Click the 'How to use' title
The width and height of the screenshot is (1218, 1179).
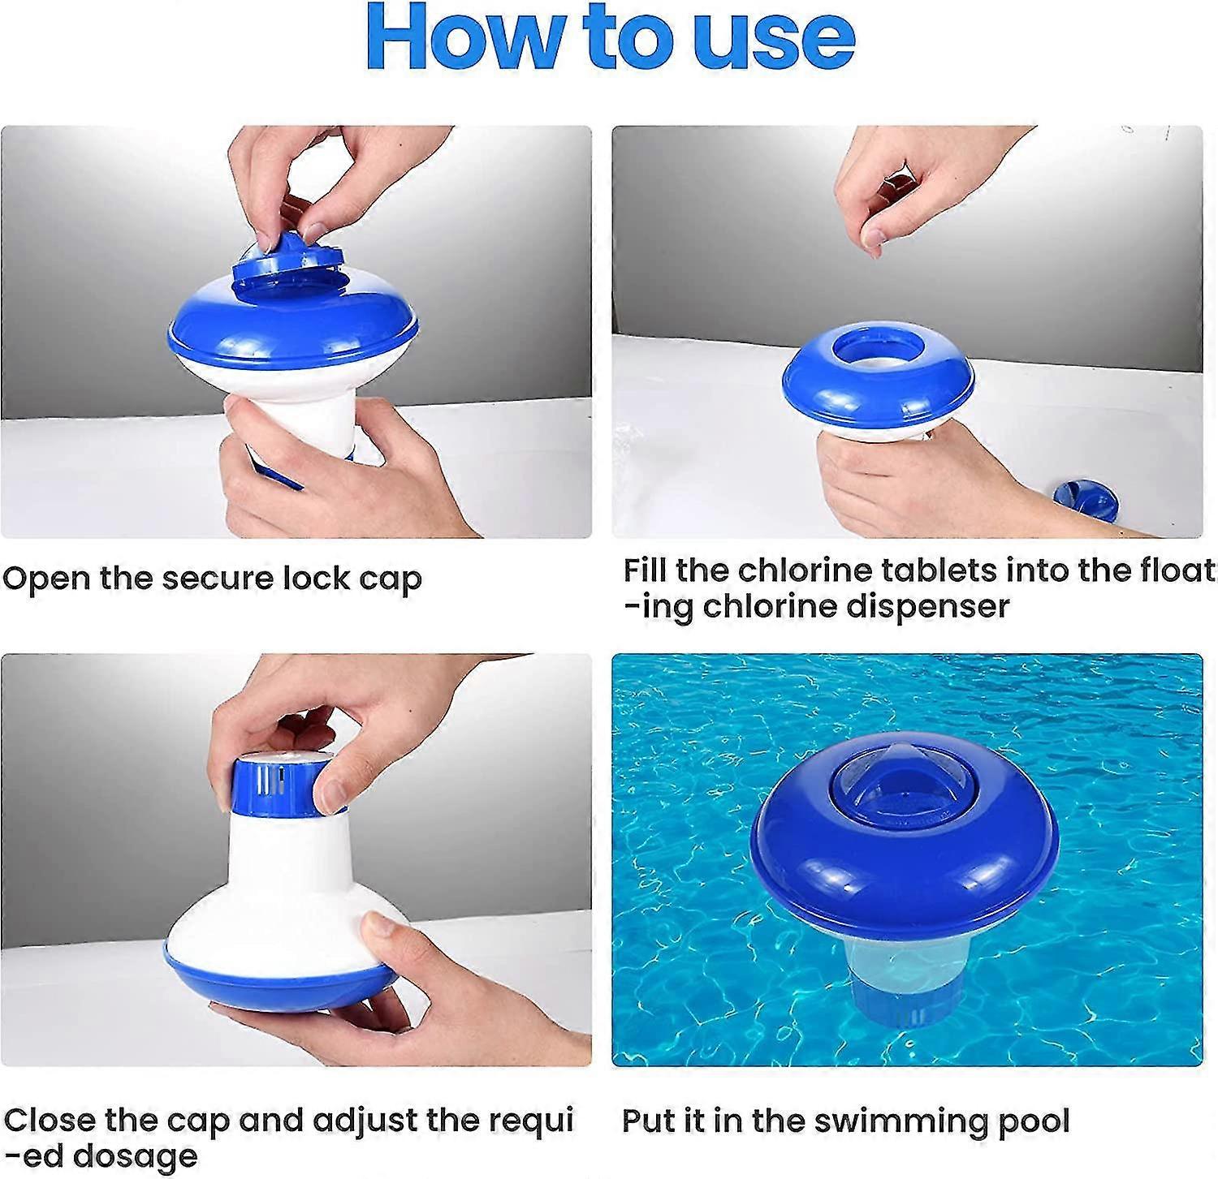(x=610, y=38)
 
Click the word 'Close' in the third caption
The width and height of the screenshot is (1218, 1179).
(x=49, y=1120)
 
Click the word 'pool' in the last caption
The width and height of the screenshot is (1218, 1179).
(x=1034, y=1121)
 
